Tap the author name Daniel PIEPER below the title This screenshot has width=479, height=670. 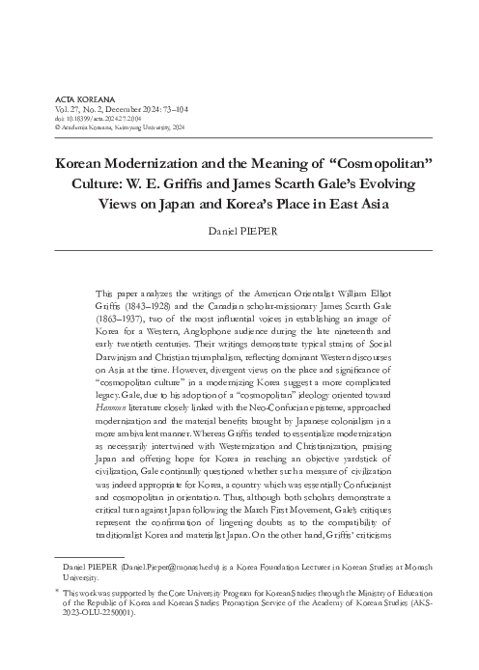pyautogui.click(x=239, y=233)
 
